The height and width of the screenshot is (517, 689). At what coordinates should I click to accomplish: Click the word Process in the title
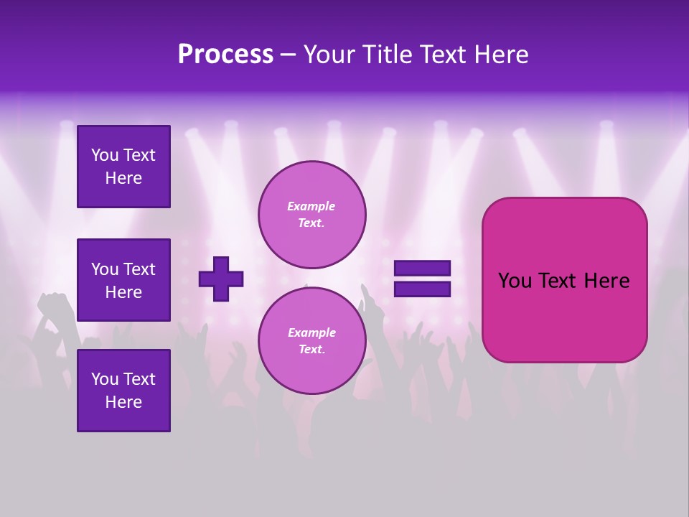coord(225,55)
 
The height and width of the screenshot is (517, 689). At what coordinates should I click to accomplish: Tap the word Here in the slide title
coord(500,55)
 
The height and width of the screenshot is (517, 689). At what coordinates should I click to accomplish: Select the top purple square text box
coord(123,167)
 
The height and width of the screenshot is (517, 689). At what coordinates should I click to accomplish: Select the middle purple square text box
coord(123,280)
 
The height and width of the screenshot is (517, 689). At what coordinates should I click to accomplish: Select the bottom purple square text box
coord(123,391)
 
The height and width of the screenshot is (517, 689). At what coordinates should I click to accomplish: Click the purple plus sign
coord(221,279)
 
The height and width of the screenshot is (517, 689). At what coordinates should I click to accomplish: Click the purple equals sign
coord(423,279)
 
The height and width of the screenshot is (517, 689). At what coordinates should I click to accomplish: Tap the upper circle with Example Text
coord(311,215)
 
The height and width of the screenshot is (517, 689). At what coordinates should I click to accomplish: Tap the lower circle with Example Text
coord(311,341)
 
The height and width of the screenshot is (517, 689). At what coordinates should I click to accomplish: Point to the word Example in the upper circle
coord(311,206)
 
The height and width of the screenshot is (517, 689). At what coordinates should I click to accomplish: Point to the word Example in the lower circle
coord(311,332)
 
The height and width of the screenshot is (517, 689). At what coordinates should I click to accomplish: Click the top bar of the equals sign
coord(423,269)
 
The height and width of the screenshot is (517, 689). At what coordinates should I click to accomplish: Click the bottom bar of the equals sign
coord(423,289)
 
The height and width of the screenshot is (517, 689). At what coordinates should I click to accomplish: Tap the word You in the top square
coord(105,155)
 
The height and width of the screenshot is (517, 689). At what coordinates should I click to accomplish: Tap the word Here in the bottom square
coord(123,402)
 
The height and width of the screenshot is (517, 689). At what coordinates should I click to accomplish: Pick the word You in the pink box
coord(515,281)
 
